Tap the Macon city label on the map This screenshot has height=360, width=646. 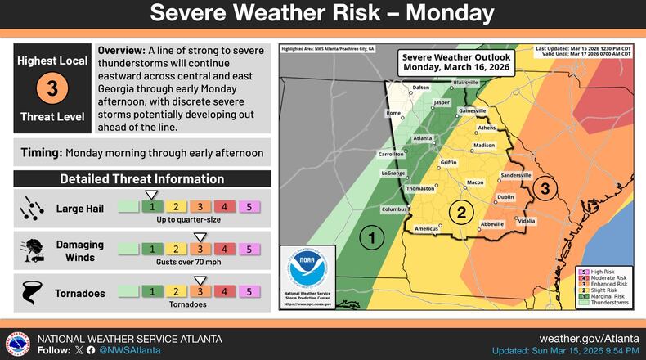pyautogui.click(x=475, y=182)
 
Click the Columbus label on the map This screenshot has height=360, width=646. pyautogui.click(x=393, y=209)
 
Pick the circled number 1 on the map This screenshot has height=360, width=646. pyautogui.click(x=372, y=238)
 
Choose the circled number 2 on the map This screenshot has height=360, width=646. pyautogui.click(x=462, y=213)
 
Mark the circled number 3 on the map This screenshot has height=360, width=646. pyautogui.click(x=545, y=189)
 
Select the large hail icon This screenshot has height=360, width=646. pyautogui.click(x=31, y=208)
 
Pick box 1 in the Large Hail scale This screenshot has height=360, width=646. pyautogui.click(x=151, y=207)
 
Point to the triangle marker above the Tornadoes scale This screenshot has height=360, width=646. pyautogui.click(x=200, y=278)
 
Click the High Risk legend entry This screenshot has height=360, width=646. pyautogui.click(x=606, y=271)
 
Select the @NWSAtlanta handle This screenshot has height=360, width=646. pyautogui.click(x=129, y=349)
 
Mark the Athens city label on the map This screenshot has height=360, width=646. pyautogui.click(x=487, y=128)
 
